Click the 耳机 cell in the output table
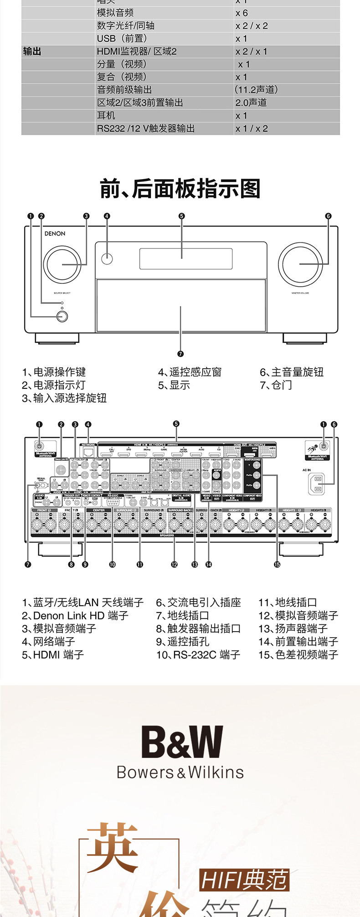click(x=106, y=116)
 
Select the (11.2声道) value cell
click(x=256, y=90)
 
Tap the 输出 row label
click(x=32, y=52)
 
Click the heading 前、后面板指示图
click(x=180, y=189)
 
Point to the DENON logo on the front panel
click(x=55, y=234)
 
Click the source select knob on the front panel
click(x=62, y=264)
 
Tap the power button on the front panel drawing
click(x=62, y=315)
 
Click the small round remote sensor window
click(x=107, y=259)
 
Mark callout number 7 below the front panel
click(x=180, y=354)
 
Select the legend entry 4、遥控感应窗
click(x=190, y=372)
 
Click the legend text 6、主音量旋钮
click(x=292, y=372)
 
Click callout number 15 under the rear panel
click(x=277, y=564)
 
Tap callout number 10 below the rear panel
click(x=112, y=564)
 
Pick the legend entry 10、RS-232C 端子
click(x=198, y=655)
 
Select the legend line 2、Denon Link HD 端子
click(x=75, y=616)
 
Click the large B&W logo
click(x=181, y=742)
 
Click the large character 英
click(x=112, y=847)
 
